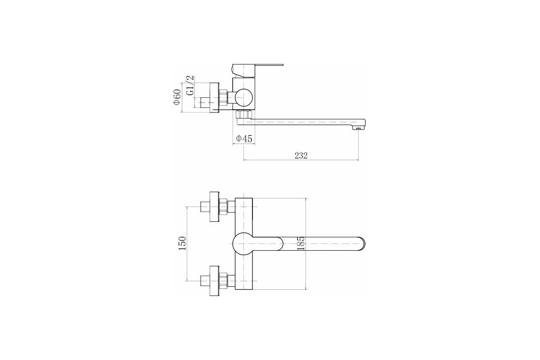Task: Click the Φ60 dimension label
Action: (177, 97)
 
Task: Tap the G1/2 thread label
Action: (190, 85)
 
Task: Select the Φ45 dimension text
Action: (244, 139)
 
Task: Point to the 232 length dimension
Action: (301, 156)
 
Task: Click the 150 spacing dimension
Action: (182, 243)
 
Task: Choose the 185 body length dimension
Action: (301, 244)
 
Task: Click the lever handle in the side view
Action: (257, 70)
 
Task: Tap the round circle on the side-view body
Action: (244, 98)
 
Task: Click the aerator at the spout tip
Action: (358, 128)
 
